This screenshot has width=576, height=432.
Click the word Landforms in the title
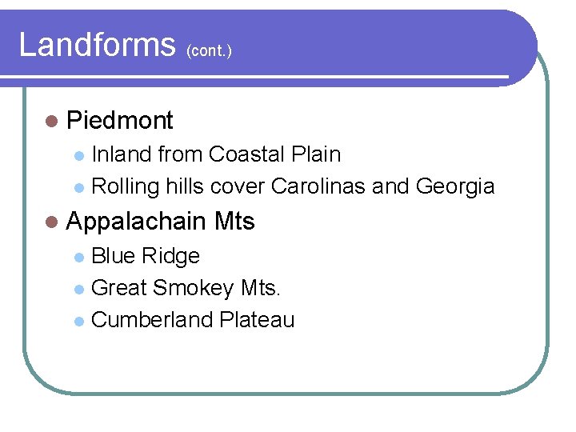(x=96, y=45)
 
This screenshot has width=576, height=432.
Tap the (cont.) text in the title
(x=209, y=50)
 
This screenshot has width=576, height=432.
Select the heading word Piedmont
(x=120, y=121)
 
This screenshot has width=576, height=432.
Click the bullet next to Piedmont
(x=52, y=122)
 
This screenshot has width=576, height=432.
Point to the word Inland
(x=122, y=154)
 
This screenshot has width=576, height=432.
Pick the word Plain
(x=317, y=154)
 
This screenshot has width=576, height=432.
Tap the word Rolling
(x=126, y=187)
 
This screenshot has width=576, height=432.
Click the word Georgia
(x=455, y=187)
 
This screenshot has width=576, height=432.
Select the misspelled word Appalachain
(x=138, y=222)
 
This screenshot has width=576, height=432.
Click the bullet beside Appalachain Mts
(x=52, y=222)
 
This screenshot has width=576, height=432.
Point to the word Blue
(x=114, y=256)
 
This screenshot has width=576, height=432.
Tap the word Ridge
(x=170, y=256)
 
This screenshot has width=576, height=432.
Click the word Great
(x=119, y=288)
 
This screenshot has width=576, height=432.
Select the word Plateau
(x=257, y=320)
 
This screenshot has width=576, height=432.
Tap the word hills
(x=186, y=187)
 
